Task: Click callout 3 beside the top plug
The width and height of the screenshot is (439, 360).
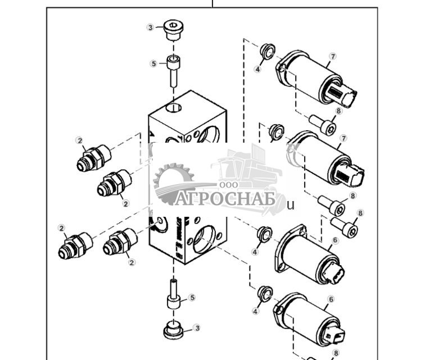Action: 151,28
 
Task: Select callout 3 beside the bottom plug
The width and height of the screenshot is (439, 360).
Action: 196,327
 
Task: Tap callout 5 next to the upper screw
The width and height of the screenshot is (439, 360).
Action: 154,64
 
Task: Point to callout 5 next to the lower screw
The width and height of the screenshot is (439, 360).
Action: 191,297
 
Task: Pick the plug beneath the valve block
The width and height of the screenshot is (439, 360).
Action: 174,330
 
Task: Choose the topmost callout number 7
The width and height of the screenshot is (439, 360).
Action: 333,56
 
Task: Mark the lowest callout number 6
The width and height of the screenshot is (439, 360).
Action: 331,300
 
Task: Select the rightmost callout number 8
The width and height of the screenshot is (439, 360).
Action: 360,213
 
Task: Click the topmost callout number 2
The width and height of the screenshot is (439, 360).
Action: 80,140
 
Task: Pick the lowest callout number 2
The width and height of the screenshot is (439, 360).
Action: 132,262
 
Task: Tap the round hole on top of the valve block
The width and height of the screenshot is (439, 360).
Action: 174,107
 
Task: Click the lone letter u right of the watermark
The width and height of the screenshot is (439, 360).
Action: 291,205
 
